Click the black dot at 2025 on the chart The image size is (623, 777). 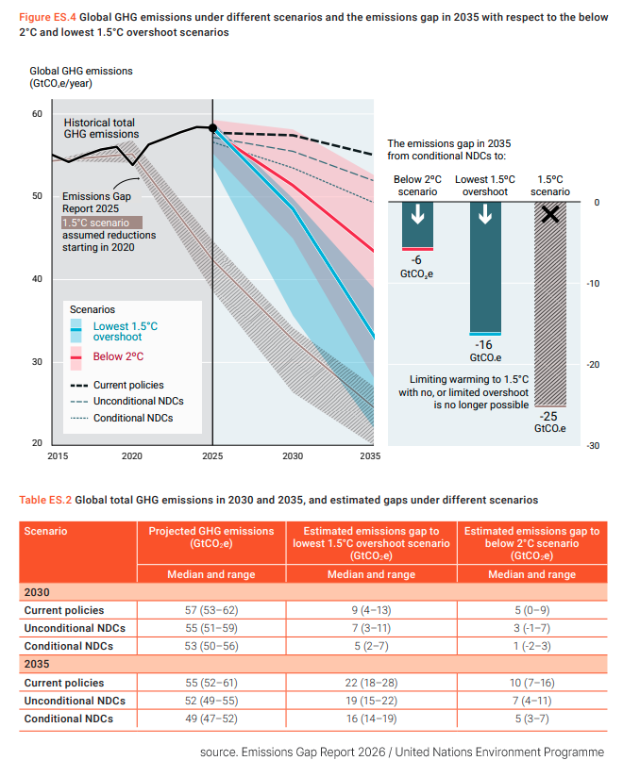212,128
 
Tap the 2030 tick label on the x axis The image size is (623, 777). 293,455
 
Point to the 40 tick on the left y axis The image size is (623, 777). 37,279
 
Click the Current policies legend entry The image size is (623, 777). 117,385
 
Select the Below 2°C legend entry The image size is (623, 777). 107,356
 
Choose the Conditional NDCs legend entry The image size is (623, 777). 122,419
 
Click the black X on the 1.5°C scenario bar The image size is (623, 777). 550,214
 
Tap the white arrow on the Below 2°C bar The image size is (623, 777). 417,214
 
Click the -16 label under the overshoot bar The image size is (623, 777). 483,345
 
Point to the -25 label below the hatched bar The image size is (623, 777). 548,416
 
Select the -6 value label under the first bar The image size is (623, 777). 416,260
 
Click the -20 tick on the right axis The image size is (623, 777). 593,365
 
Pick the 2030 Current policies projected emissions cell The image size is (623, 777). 211,610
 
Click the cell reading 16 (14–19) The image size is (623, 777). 372,719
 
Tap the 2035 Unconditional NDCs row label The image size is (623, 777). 75,701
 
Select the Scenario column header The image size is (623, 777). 45,531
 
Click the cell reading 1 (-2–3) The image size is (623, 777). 532,646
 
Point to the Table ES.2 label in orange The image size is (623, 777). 45,500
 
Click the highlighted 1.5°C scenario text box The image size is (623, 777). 102,223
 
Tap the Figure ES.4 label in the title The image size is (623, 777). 47,17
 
